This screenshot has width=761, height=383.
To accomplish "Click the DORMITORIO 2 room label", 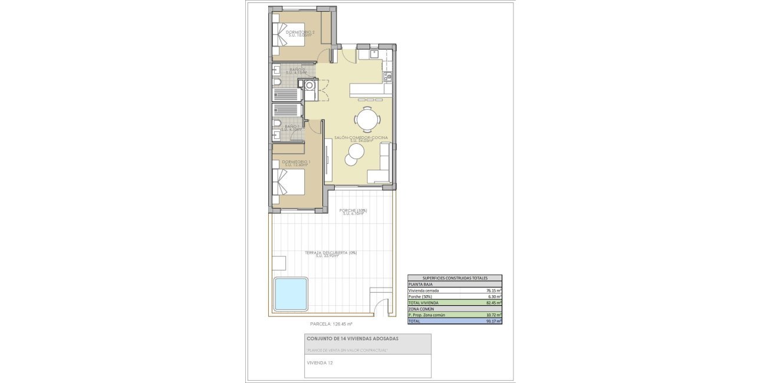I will point(300,32).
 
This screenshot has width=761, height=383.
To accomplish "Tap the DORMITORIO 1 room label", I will point(296,161).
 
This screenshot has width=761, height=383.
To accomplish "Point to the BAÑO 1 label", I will point(292,126).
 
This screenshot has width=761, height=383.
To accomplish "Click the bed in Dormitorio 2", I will point(285,35).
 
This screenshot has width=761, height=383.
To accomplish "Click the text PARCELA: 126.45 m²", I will point(331,323).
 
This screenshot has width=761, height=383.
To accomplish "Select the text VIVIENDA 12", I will point(319,363).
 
